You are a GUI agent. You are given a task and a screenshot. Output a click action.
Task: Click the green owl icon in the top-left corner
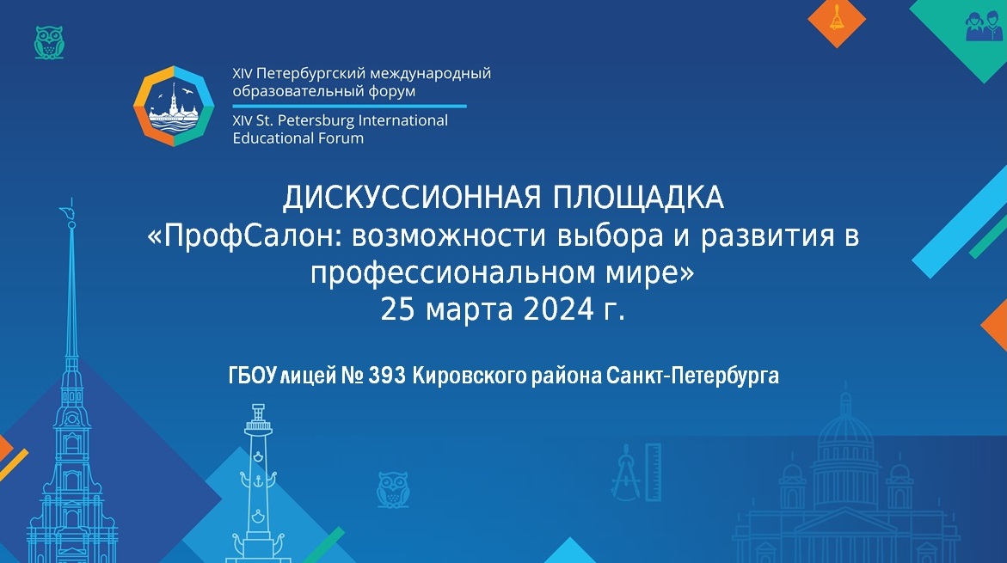click(49, 42)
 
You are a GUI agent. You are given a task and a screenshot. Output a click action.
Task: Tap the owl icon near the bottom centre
click(392, 489)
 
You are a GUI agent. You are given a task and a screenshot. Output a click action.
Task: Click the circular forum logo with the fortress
click(174, 106)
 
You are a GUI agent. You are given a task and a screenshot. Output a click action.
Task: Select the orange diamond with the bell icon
click(836, 21)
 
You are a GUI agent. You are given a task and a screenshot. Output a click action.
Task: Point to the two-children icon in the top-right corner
click(983, 26)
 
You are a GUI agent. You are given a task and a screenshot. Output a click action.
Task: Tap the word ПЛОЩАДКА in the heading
click(638, 198)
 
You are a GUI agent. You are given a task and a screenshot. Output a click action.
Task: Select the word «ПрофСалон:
click(245, 236)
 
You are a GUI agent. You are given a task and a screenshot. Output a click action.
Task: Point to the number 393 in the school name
click(387, 375)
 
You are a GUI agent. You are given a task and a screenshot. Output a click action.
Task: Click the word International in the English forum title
click(402, 120)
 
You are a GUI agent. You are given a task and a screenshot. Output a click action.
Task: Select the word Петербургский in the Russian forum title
click(310, 74)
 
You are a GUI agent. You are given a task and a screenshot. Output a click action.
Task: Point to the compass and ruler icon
click(636, 472)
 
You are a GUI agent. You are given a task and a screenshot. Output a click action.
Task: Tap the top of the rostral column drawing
click(258, 409)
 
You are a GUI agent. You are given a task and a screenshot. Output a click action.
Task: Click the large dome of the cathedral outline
click(844, 437)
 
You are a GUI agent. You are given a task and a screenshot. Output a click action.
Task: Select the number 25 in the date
click(397, 309)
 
